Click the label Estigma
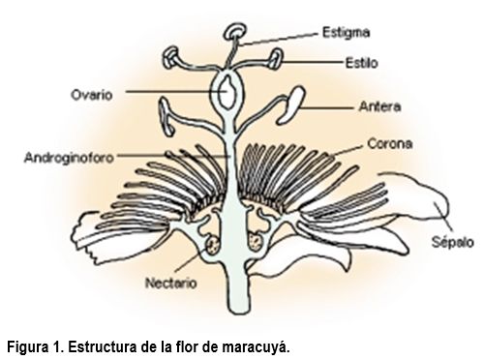click(346, 33)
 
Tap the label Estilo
click(361, 63)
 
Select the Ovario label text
click(92, 95)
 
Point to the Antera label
click(379, 106)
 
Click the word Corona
click(390, 143)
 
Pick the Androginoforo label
click(70, 158)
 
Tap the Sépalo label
click(453, 242)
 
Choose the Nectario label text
click(170, 284)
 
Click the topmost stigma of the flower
click(235, 32)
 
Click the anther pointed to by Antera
click(290, 105)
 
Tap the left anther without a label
click(166, 116)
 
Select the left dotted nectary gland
click(212, 246)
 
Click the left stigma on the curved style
click(171, 57)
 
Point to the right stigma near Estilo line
click(275, 58)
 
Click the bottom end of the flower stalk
click(239, 313)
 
